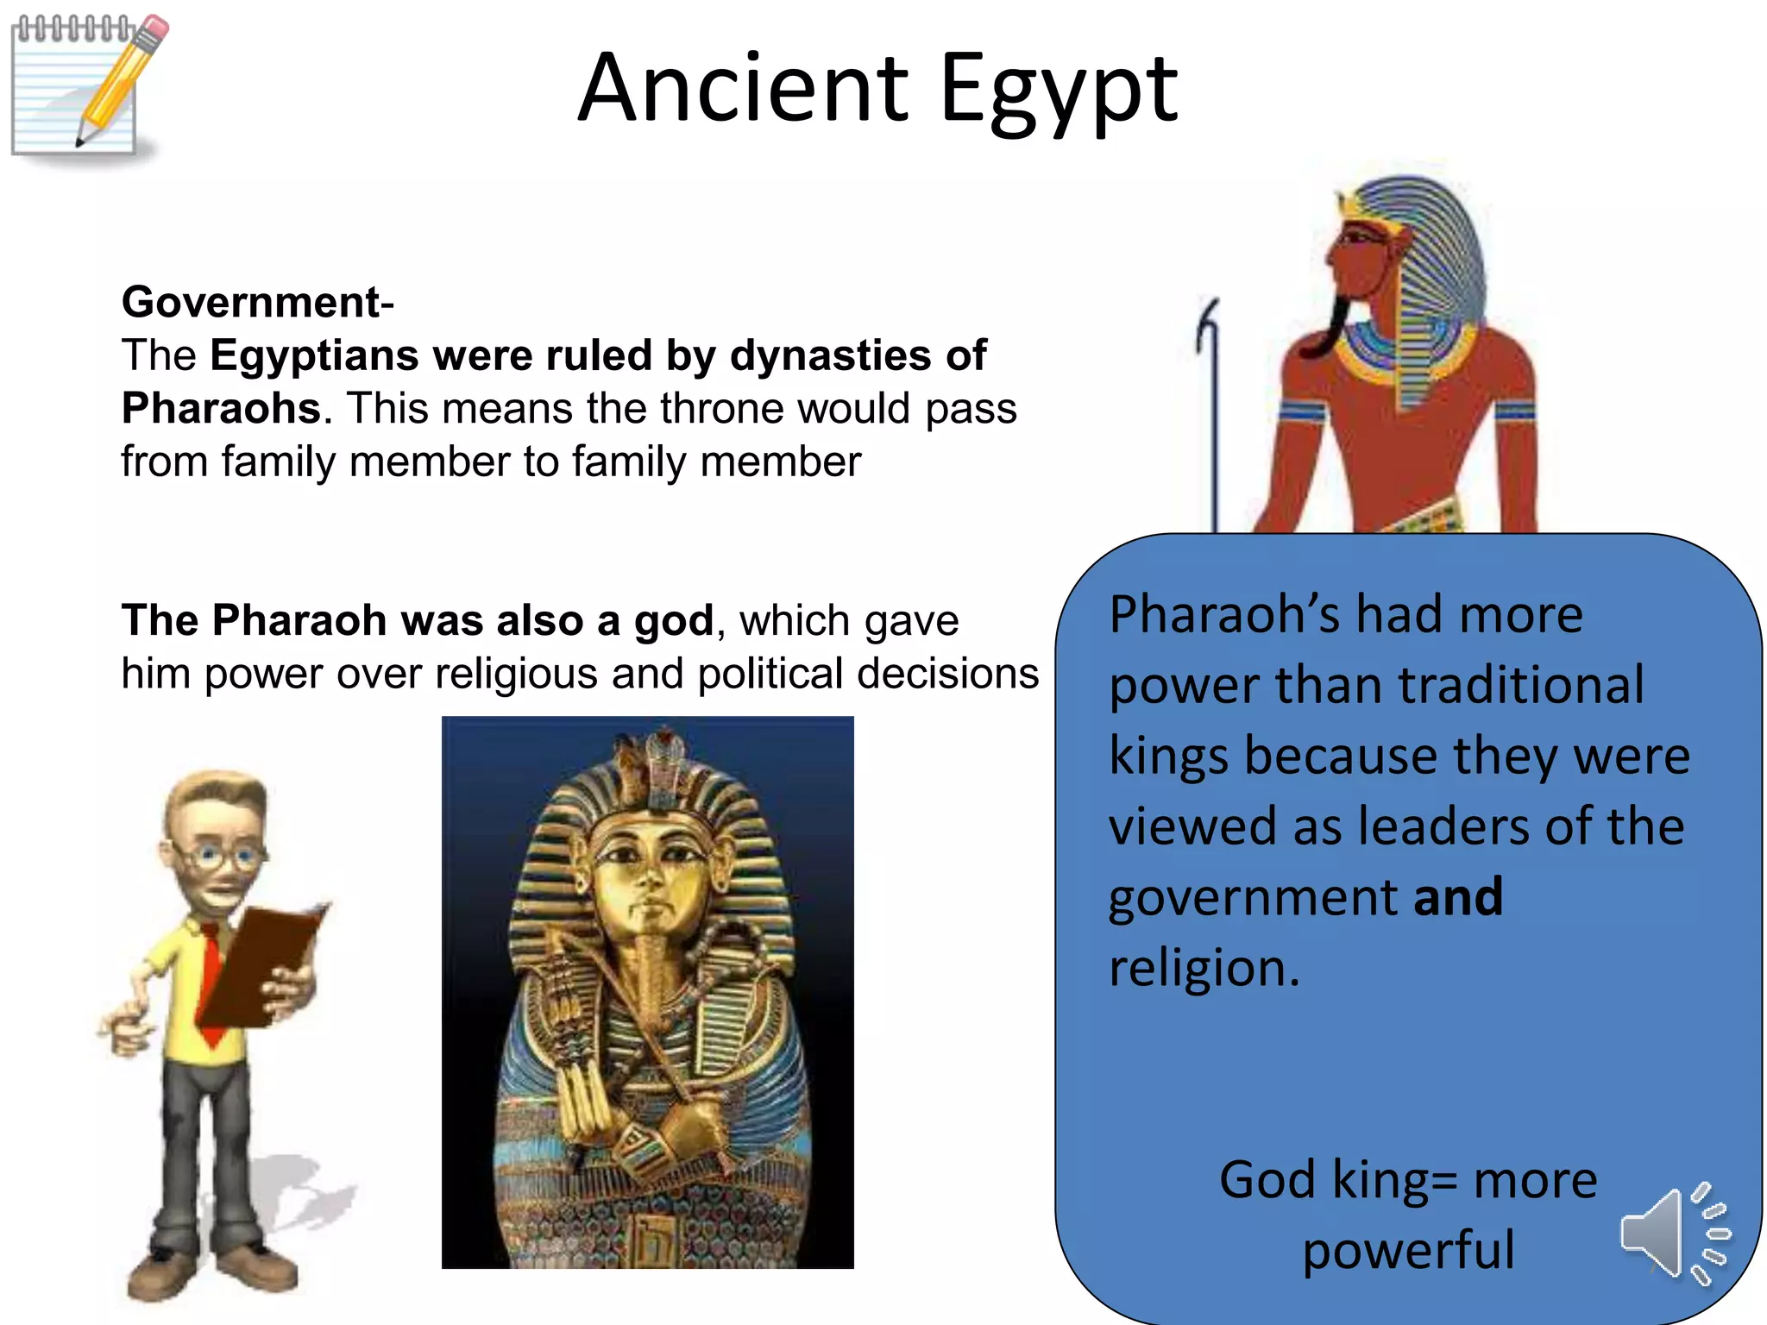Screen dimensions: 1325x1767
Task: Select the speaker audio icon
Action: pos(1674,1234)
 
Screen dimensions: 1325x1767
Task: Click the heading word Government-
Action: pos(257,302)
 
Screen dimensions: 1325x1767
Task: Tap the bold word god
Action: pos(673,620)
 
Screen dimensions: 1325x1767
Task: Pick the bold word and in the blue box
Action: pos(1457,896)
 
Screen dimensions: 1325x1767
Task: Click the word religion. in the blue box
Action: pos(1204,968)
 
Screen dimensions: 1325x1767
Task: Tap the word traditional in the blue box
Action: pos(1520,685)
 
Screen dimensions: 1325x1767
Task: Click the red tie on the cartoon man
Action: pos(210,975)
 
